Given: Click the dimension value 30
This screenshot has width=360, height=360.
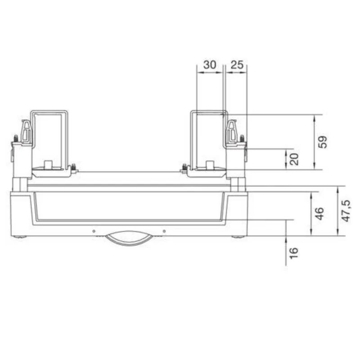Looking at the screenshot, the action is (x=210, y=64).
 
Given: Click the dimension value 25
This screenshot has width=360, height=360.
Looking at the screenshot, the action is (x=237, y=64).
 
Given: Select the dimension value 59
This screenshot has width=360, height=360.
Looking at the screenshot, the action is (x=323, y=142).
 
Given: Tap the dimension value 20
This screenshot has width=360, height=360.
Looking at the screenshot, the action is (x=294, y=159).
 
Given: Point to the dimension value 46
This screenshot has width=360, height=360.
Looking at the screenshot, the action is (x=319, y=213).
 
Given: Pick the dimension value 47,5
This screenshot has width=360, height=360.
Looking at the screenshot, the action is (x=346, y=211).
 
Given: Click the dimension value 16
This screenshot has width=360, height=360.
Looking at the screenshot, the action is (x=294, y=253).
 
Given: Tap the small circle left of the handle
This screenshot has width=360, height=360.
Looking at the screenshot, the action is (x=94, y=231).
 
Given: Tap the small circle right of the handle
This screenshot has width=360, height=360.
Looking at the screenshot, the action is (x=164, y=231).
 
